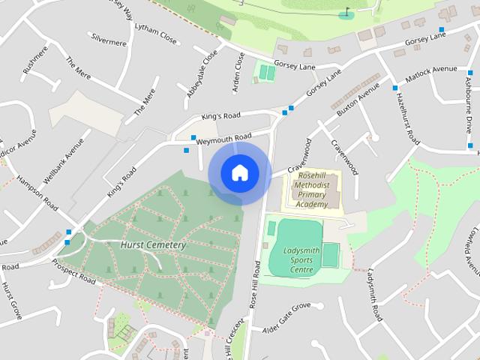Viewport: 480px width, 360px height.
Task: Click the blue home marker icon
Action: [x=239, y=172]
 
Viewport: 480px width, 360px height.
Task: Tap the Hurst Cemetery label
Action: [x=152, y=245]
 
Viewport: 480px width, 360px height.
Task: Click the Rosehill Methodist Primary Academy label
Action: [x=311, y=190]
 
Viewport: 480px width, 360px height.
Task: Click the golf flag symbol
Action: [x=346, y=12]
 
